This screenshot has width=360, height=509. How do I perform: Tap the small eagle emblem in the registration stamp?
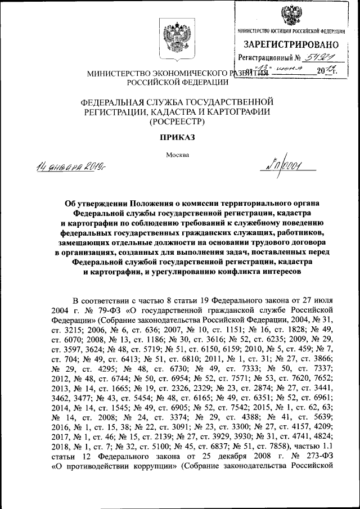click(290, 15)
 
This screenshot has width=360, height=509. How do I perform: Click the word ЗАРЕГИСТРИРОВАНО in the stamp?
click(291, 44)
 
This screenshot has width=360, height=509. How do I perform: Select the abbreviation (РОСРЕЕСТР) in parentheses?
click(178, 121)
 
